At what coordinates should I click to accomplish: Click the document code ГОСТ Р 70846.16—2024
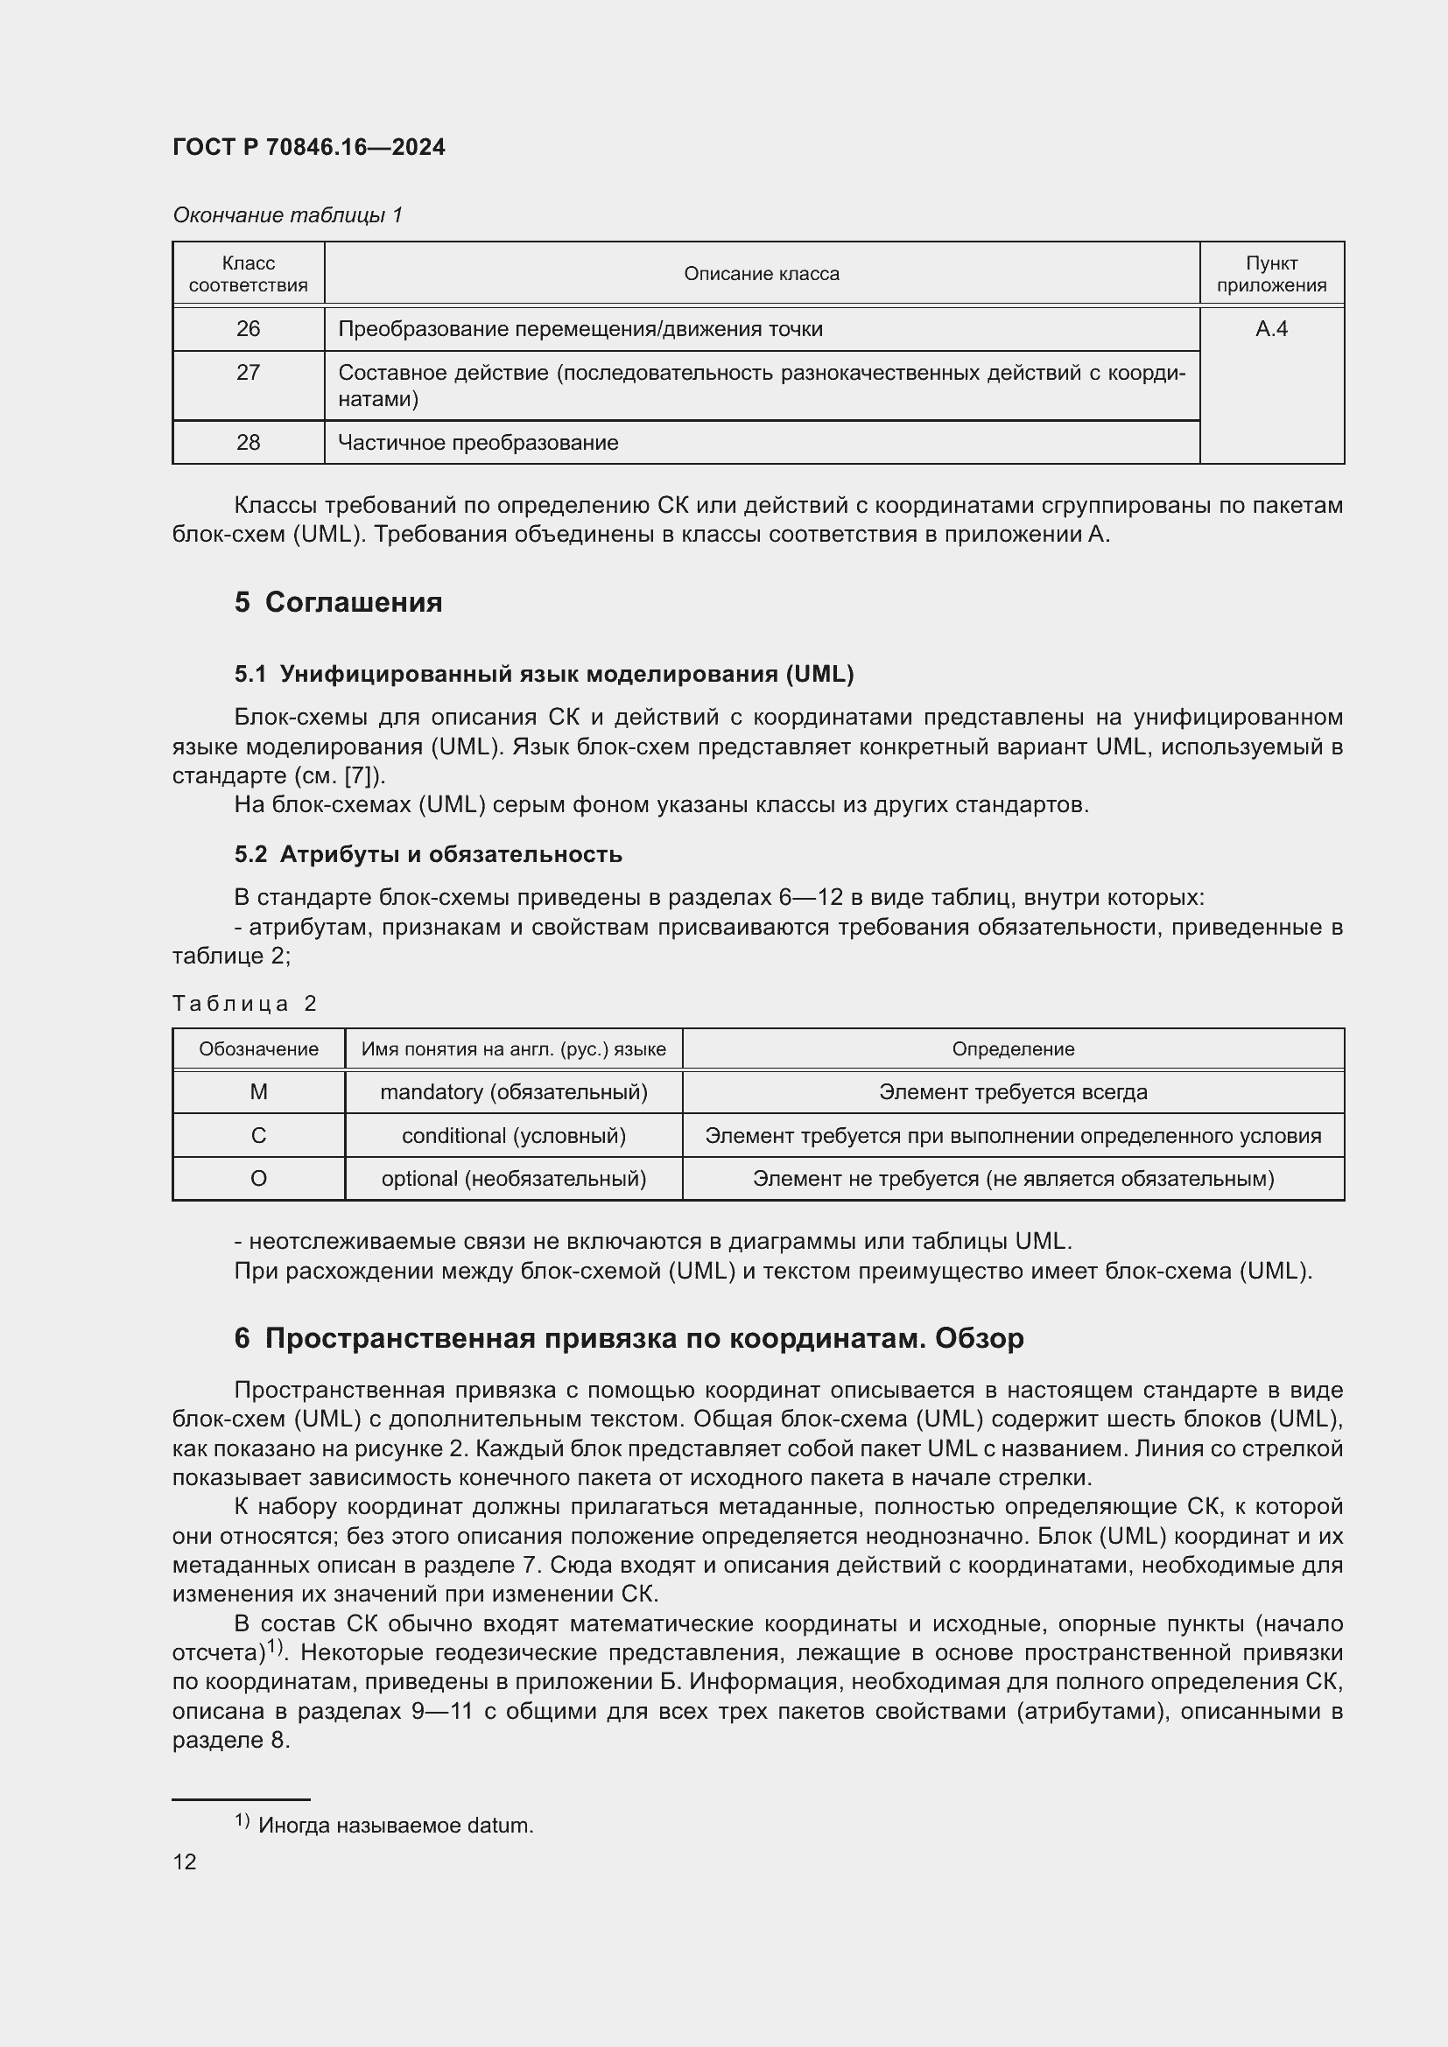click(308, 147)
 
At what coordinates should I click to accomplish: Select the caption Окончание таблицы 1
click(287, 215)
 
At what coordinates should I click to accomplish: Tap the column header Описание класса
click(762, 274)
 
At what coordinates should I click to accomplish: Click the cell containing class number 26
click(248, 329)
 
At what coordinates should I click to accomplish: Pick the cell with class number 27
click(248, 373)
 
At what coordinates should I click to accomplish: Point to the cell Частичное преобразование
click(478, 442)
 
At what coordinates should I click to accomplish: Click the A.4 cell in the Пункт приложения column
click(1271, 329)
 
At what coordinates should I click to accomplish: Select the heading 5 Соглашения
click(338, 602)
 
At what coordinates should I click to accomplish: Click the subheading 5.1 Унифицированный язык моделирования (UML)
click(544, 674)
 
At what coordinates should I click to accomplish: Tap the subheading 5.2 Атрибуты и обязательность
click(428, 854)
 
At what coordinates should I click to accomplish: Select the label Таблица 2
click(245, 1004)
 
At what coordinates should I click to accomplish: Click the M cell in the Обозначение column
click(258, 1092)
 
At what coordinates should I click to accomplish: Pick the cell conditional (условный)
click(514, 1136)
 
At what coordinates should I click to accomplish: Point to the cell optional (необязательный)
click(514, 1179)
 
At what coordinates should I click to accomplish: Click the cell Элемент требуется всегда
click(1013, 1092)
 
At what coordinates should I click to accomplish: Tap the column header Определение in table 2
click(1013, 1049)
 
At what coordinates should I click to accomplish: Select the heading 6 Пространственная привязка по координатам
click(629, 1338)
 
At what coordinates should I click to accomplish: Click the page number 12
click(185, 1861)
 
